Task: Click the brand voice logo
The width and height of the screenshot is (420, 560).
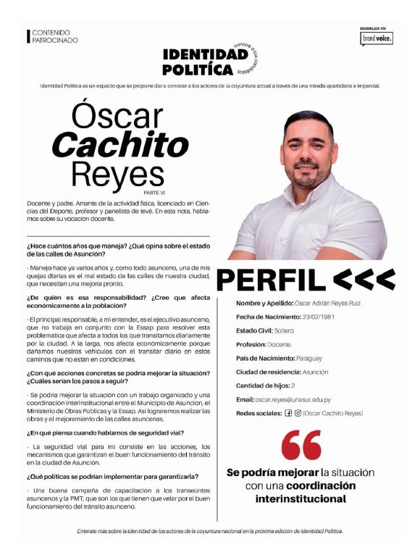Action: tap(377, 38)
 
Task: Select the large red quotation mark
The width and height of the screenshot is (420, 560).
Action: tap(301, 445)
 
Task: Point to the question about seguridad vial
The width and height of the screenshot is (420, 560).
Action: tap(106, 432)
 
